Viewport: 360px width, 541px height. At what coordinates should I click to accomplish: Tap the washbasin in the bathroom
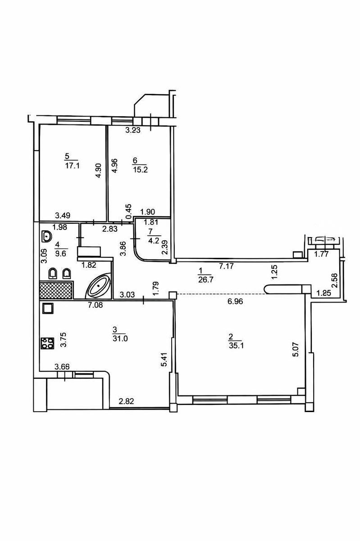coord(46,236)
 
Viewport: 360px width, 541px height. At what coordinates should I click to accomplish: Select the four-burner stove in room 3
coord(47,343)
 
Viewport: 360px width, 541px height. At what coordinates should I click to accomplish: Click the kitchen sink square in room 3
coord(47,308)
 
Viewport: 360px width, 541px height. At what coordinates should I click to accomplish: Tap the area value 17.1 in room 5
coord(72,166)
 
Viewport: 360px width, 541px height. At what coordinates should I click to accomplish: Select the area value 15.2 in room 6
coord(140,170)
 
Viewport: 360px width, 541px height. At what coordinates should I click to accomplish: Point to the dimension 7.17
coord(226,266)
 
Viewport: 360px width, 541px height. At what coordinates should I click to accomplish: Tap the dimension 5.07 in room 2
coord(296,349)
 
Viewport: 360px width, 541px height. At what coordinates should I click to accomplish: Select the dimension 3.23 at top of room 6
coord(133,130)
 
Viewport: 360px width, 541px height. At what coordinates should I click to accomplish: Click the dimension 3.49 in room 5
coord(63,215)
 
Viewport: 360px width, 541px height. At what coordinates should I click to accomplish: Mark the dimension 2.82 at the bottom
coord(126,401)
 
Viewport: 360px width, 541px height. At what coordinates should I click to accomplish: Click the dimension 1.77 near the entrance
coord(321,254)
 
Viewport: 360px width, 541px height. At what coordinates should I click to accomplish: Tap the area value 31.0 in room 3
coord(120,339)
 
